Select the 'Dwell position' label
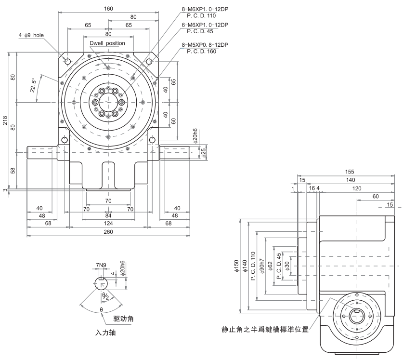click(107, 43)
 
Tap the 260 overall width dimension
click(108, 232)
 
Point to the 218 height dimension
click(5, 120)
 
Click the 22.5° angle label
click(34, 86)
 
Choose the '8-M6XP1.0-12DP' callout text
click(205, 9)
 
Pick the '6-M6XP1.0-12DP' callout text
click(205, 25)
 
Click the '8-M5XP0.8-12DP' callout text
click(205, 45)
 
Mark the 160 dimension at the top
click(108, 8)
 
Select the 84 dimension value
click(108, 215)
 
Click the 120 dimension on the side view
click(356, 188)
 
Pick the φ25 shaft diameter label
click(203, 153)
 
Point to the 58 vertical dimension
click(13, 170)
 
